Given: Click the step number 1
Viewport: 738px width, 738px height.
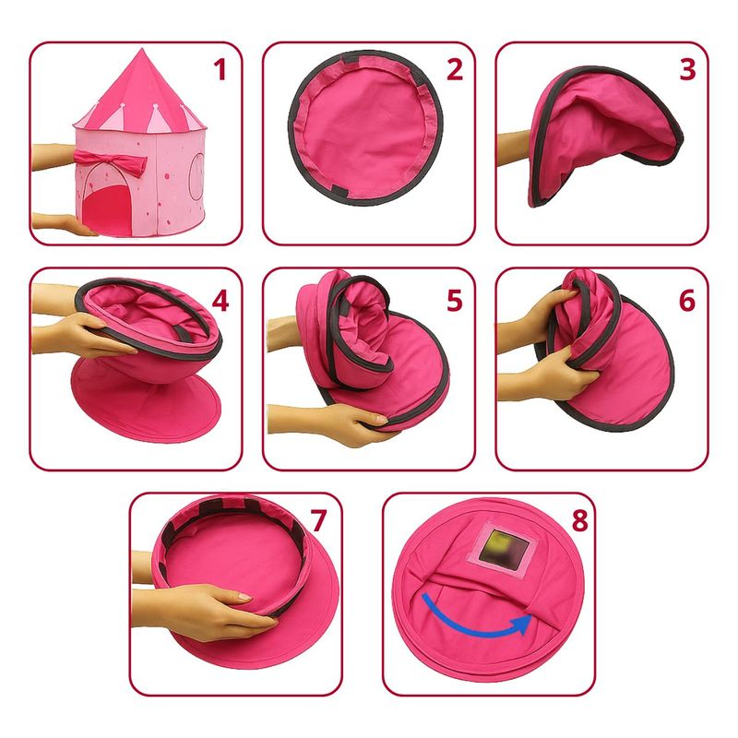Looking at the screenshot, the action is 220,70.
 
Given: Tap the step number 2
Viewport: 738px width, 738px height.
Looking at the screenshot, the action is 455,70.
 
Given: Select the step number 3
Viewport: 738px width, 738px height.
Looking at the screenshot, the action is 687,70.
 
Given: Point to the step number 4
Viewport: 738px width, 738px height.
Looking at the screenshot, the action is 220,302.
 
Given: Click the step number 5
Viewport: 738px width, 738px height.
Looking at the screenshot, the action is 455,302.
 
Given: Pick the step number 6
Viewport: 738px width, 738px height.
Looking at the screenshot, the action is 687,302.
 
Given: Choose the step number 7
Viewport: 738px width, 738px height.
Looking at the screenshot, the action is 318,520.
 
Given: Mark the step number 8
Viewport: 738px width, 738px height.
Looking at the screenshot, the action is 579,520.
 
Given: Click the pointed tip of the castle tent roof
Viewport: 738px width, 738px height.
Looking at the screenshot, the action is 140,49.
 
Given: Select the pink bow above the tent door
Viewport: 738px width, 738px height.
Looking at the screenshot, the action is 111,162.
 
